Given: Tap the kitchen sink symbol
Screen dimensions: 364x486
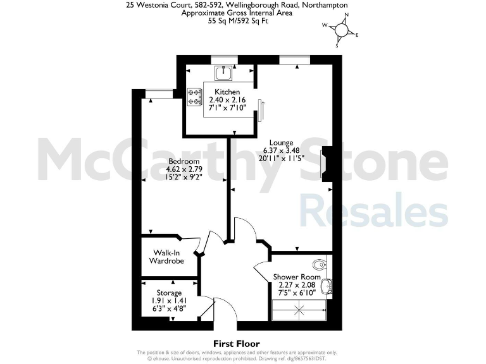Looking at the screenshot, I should (223, 74).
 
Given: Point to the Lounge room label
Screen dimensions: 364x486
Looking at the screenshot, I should (281, 142).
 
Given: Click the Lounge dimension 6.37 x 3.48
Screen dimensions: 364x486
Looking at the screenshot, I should (281, 150).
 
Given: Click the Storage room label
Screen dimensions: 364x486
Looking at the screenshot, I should (169, 293).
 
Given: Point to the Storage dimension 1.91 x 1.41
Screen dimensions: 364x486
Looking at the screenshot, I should (169, 301).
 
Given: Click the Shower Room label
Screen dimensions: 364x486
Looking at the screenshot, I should (297, 277).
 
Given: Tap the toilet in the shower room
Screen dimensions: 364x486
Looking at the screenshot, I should (320, 264).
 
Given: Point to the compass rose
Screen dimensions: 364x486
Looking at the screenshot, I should (342, 29).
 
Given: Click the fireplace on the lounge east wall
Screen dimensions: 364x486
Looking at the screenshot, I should (327, 164).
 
